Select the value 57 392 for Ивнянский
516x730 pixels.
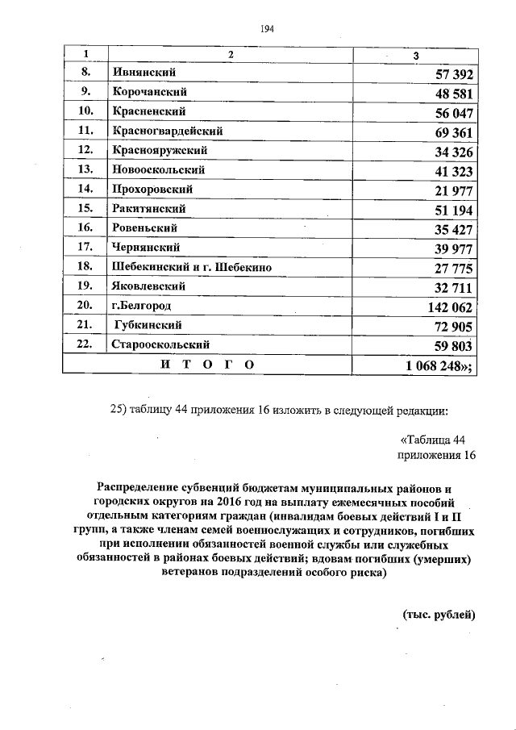[453, 75]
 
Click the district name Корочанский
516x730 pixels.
[148, 92]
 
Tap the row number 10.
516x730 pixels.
[85, 111]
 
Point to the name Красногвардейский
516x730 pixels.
[168, 131]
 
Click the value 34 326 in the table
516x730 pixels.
[453, 152]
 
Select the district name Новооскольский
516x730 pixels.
[158, 170]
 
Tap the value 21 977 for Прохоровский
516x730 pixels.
[453, 191]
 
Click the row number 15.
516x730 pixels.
[85, 209]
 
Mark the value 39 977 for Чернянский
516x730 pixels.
[453, 249]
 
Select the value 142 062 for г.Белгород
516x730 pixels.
[449, 307]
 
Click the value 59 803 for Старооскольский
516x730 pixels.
[453, 346]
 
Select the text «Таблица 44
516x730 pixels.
[433, 440]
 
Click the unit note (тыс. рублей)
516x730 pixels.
[439, 614]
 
